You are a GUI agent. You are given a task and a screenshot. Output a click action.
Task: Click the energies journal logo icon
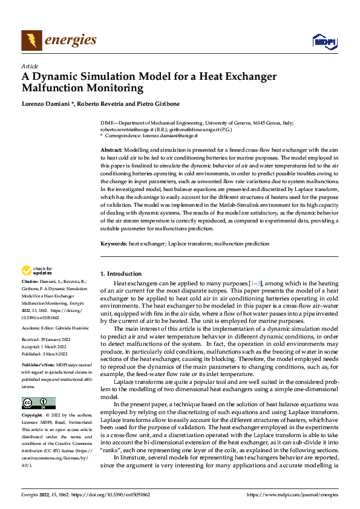pyautogui.click(x=31, y=41)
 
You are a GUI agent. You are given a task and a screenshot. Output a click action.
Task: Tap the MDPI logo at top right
pyautogui.click(x=324, y=41)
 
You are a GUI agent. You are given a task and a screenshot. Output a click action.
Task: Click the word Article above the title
pyautogui.click(x=30, y=66)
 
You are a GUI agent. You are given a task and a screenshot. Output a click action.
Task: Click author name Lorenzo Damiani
pyautogui.click(x=47, y=104)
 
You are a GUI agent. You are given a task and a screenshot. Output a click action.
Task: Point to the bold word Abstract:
pyautogui.click(x=111, y=149)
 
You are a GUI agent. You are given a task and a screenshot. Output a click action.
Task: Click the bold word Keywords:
pyautogui.click(x=114, y=244)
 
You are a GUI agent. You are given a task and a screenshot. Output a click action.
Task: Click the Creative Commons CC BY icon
pyautogui.click(x=38, y=403)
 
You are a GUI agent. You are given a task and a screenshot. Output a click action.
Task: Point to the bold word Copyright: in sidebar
pyautogui.click(x=33, y=416)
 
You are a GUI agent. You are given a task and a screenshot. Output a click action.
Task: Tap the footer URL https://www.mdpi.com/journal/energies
pyautogui.click(x=292, y=494)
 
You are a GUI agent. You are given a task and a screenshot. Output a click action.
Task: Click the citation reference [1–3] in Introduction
pyautogui.click(x=257, y=283)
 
